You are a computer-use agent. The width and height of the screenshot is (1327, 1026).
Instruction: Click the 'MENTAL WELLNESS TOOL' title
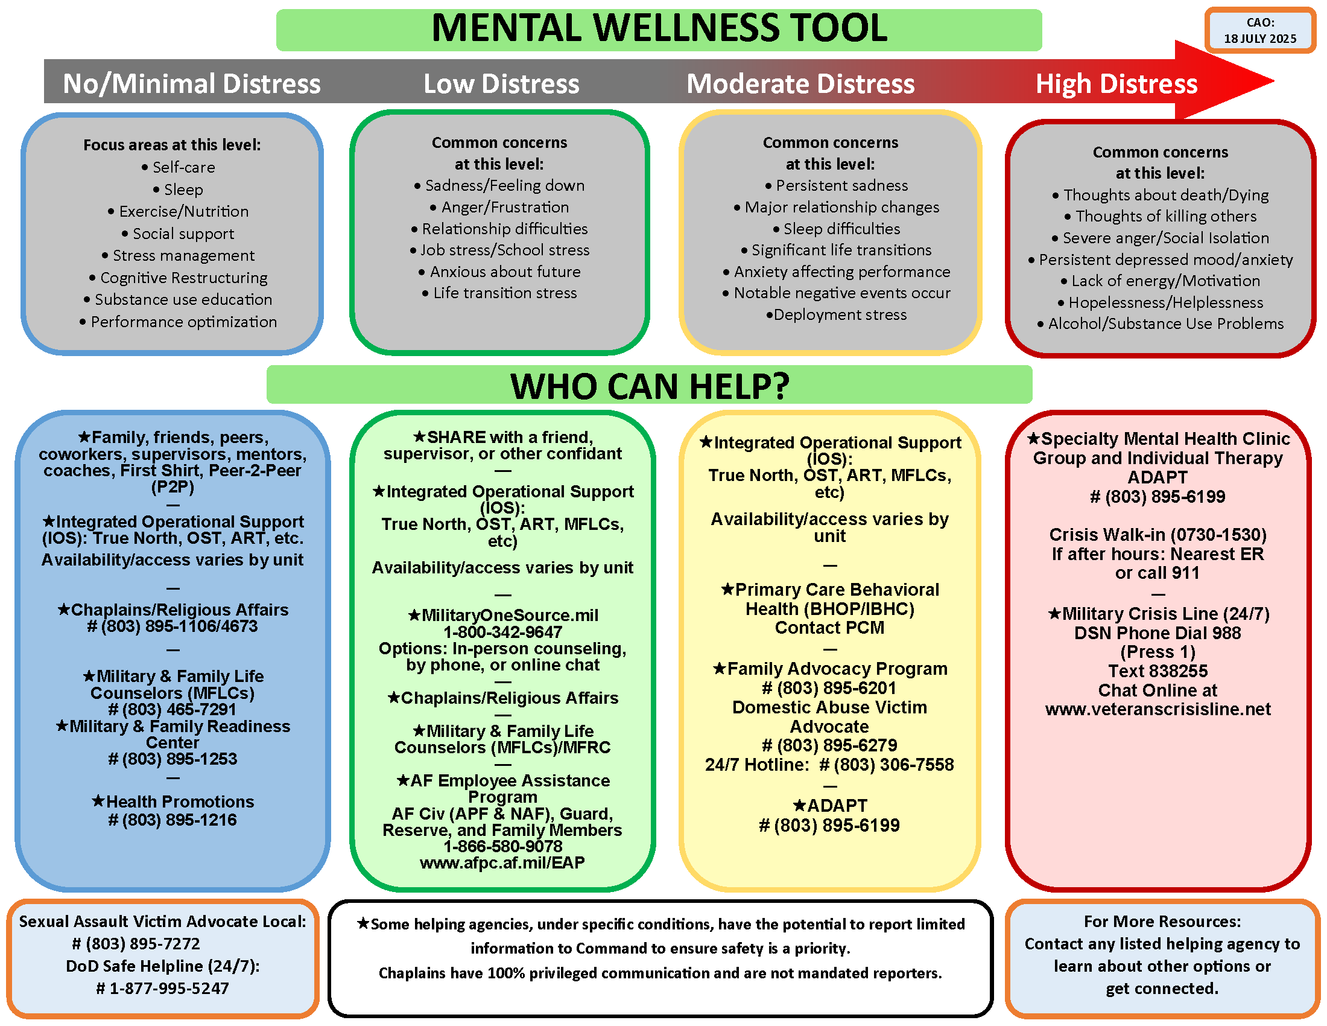tap(659, 28)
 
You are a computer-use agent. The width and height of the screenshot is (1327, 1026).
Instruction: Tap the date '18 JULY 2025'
tap(1259, 39)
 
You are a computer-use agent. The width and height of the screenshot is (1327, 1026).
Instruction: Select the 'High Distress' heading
tap(1116, 84)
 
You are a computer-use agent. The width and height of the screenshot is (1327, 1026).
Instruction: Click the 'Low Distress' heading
tap(501, 84)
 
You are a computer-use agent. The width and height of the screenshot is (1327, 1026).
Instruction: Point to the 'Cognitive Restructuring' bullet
tap(183, 278)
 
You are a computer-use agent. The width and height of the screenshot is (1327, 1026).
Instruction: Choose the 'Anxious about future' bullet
tap(505, 272)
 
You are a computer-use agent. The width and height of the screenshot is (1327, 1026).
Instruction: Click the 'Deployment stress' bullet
tap(840, 315)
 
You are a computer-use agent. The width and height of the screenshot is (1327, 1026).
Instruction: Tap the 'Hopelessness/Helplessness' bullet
tap(1165, 303)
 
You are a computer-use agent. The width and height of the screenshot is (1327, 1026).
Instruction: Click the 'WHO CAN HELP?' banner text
tap(650, 386)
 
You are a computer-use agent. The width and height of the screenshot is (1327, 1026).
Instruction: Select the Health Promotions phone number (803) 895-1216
tap(179, 821)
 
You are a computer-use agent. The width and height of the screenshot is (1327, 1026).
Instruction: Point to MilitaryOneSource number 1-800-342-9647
tap(502, 632)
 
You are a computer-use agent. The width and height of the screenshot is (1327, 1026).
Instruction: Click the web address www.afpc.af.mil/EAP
tap(502, 863)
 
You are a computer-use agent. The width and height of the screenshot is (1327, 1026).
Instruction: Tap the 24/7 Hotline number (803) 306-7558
tap(893, 765)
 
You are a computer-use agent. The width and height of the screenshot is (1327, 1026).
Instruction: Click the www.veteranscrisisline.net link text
tap(1158, 709)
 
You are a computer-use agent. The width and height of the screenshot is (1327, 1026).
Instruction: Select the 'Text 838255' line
tap(1158, 671)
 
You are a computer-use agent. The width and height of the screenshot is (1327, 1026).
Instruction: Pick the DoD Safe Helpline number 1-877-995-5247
tap(169, 989)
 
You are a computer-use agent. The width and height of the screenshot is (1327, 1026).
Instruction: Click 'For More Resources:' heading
tap(1162, 922)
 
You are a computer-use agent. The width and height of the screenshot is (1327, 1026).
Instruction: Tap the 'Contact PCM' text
tap(829, 628)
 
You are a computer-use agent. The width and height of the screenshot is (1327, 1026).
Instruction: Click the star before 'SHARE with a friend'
tap(419, 436)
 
